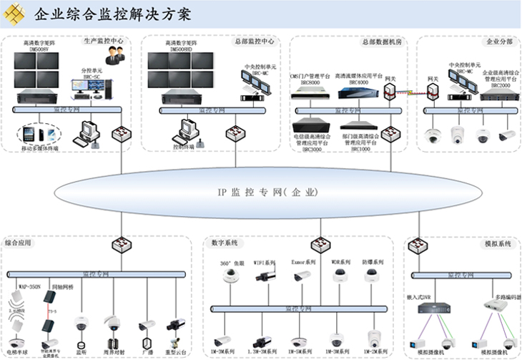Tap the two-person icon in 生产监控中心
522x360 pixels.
coord(114,56)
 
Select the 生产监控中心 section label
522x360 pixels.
coord(103,42)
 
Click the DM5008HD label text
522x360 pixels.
coord(179,50)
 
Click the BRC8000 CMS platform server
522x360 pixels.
coord(310,91)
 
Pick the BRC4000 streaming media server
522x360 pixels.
coord(353,91)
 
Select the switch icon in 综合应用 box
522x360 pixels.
coord(119,245)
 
